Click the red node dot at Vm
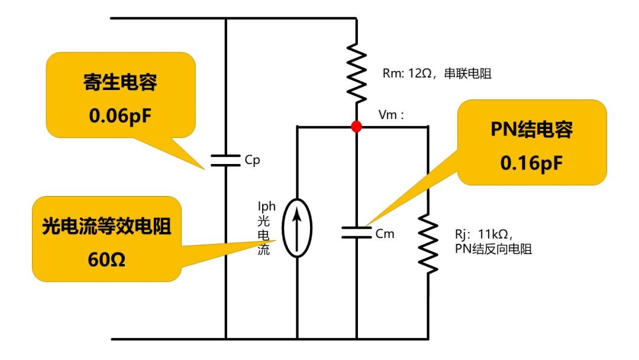pos(356,126)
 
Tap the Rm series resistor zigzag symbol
pos(356,72)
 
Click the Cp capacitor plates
pos(225,161)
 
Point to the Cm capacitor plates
pos(356,233)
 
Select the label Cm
pos(385,234)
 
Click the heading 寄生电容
pos(120,83)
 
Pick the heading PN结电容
pos(531,130)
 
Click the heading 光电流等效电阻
pos(107,226)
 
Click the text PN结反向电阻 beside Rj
pos(493,249)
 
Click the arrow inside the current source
pos(296,228)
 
